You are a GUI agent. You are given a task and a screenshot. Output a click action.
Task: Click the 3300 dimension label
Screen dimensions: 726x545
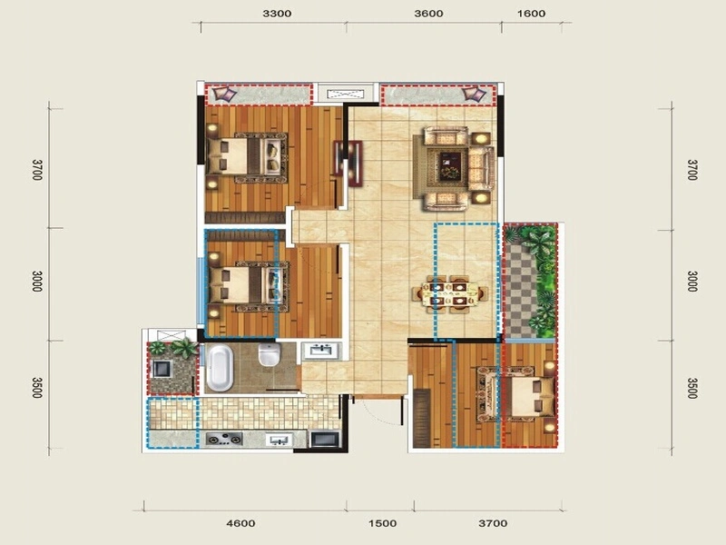tap(277, 14)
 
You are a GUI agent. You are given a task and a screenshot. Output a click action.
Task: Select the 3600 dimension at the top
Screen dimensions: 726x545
tap(428, 14)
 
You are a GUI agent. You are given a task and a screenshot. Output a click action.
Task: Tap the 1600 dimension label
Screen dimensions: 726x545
tap(531, 14)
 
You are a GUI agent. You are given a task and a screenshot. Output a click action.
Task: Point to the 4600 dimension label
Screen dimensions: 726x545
tap(240, 523)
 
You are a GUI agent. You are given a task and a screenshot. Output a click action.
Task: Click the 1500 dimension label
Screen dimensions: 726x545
tap(382, 523)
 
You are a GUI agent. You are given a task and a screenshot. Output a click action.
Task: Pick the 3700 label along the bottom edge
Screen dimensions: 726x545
tap(493, 523)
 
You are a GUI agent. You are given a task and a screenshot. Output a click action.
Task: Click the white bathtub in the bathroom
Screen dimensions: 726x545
tap(220, 369)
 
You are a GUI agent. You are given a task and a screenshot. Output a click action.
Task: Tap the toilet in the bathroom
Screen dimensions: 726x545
tap(269, 354)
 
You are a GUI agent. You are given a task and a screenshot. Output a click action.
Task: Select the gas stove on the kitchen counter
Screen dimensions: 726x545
tap(224, 439)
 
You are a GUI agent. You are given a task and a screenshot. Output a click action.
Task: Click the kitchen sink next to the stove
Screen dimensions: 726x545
tap(279, 440)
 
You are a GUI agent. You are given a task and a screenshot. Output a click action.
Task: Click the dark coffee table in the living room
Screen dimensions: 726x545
tap(450, 167)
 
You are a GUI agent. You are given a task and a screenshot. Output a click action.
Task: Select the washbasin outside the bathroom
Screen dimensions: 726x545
tap(321, 351)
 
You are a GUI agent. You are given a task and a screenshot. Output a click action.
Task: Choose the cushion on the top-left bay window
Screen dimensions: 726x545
tap(224, 94)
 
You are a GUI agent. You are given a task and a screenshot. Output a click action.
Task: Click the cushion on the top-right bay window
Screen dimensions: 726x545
tap(474, 94)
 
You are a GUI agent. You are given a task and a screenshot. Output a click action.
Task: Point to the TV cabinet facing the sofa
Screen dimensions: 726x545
tap(355, 164)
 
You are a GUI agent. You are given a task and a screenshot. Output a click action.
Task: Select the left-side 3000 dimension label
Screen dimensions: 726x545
tap(37, 282)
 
